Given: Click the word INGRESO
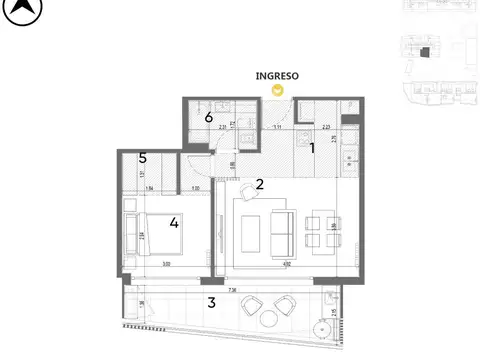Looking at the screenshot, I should [278, 75].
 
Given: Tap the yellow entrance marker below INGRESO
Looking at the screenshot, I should [279, 89].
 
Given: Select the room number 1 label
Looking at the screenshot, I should [312, 148].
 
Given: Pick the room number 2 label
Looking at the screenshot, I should [259, 184].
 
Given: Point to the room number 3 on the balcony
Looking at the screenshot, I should [211, 302].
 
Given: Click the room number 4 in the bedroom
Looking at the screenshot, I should [174, 222].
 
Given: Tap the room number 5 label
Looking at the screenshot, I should [143, 158].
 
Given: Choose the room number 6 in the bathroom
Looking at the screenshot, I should [208, 118].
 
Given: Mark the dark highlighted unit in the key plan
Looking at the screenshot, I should [423, 52].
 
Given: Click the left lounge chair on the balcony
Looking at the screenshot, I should [248, 305].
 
